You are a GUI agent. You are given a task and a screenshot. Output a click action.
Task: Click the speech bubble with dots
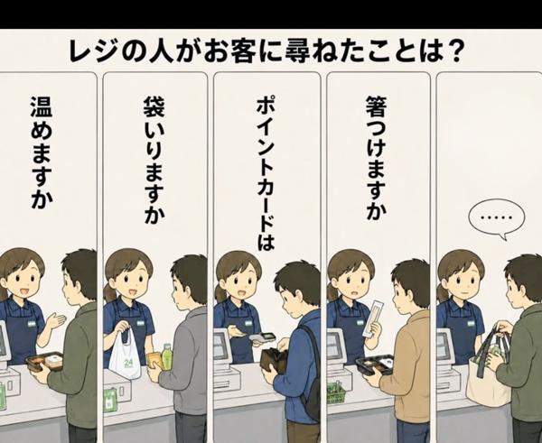(496, 218)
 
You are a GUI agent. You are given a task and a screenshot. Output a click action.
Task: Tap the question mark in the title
(453, 51)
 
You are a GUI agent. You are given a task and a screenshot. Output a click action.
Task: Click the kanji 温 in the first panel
(42, 106)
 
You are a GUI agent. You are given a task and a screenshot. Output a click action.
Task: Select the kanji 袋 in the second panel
(154, 106)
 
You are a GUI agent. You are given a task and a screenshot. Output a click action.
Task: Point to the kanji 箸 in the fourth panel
(377, 106)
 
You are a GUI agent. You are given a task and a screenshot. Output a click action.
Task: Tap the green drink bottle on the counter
(167, 356)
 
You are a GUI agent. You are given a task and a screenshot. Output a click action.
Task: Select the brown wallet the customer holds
(273, 360)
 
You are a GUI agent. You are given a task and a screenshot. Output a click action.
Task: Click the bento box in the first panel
(45, 361)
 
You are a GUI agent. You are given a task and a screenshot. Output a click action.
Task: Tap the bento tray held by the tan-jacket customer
(376, 365)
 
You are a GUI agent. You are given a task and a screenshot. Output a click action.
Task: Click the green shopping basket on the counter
(336, 392)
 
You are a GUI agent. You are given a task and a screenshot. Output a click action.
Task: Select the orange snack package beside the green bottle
(154, 361)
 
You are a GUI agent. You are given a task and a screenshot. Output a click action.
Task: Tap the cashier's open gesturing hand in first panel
(55, 322)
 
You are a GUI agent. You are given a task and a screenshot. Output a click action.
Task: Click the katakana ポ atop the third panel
(266, 106)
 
